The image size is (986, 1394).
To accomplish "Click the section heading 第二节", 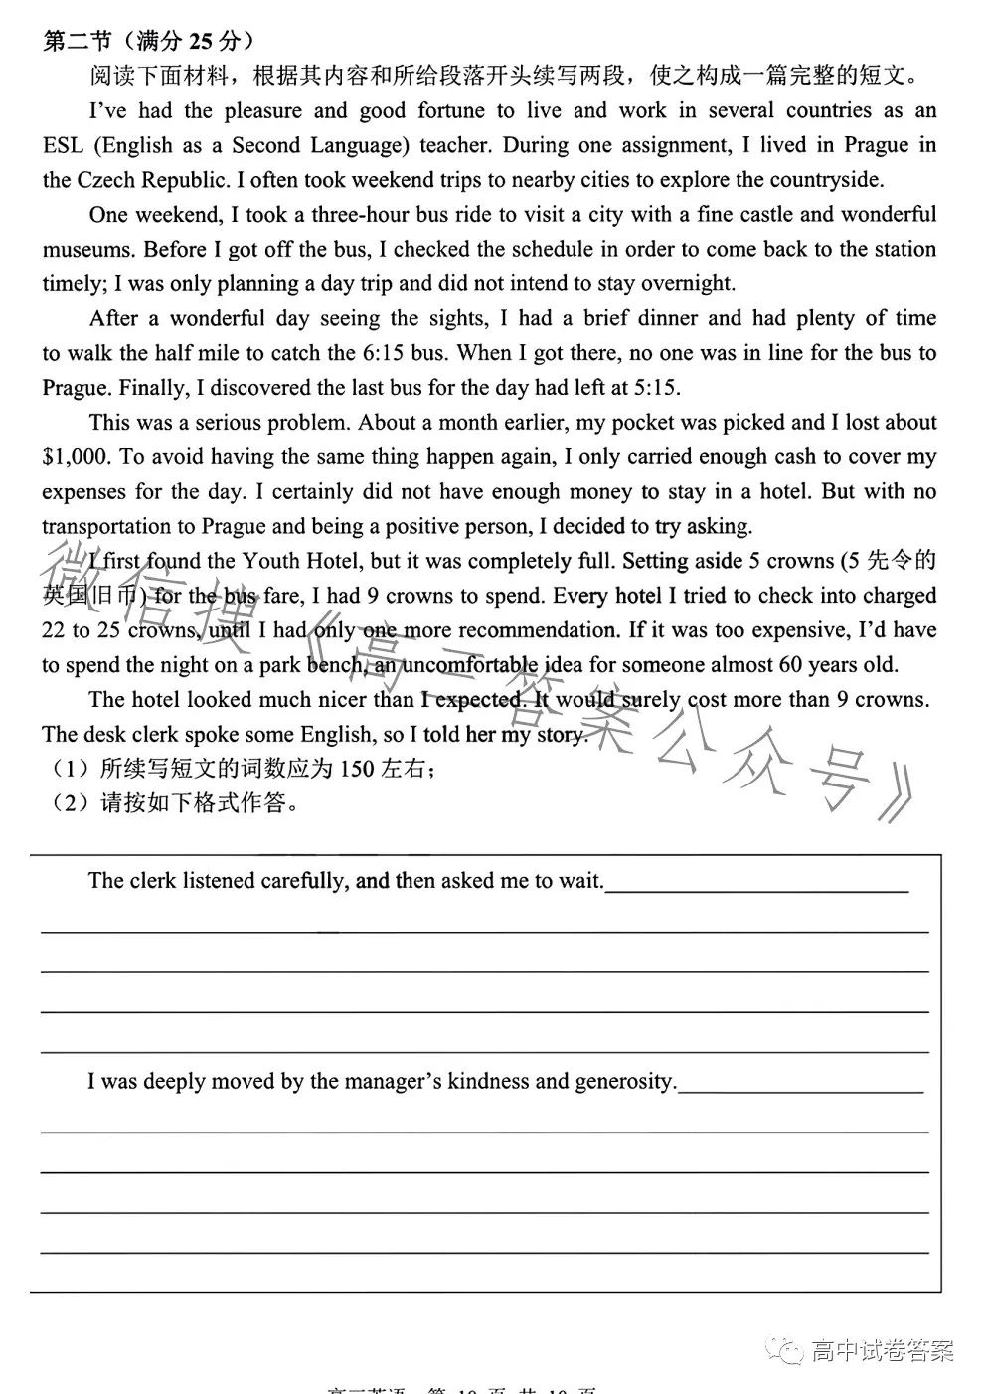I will (80, 41).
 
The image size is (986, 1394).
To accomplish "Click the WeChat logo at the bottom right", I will (790, 1351).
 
